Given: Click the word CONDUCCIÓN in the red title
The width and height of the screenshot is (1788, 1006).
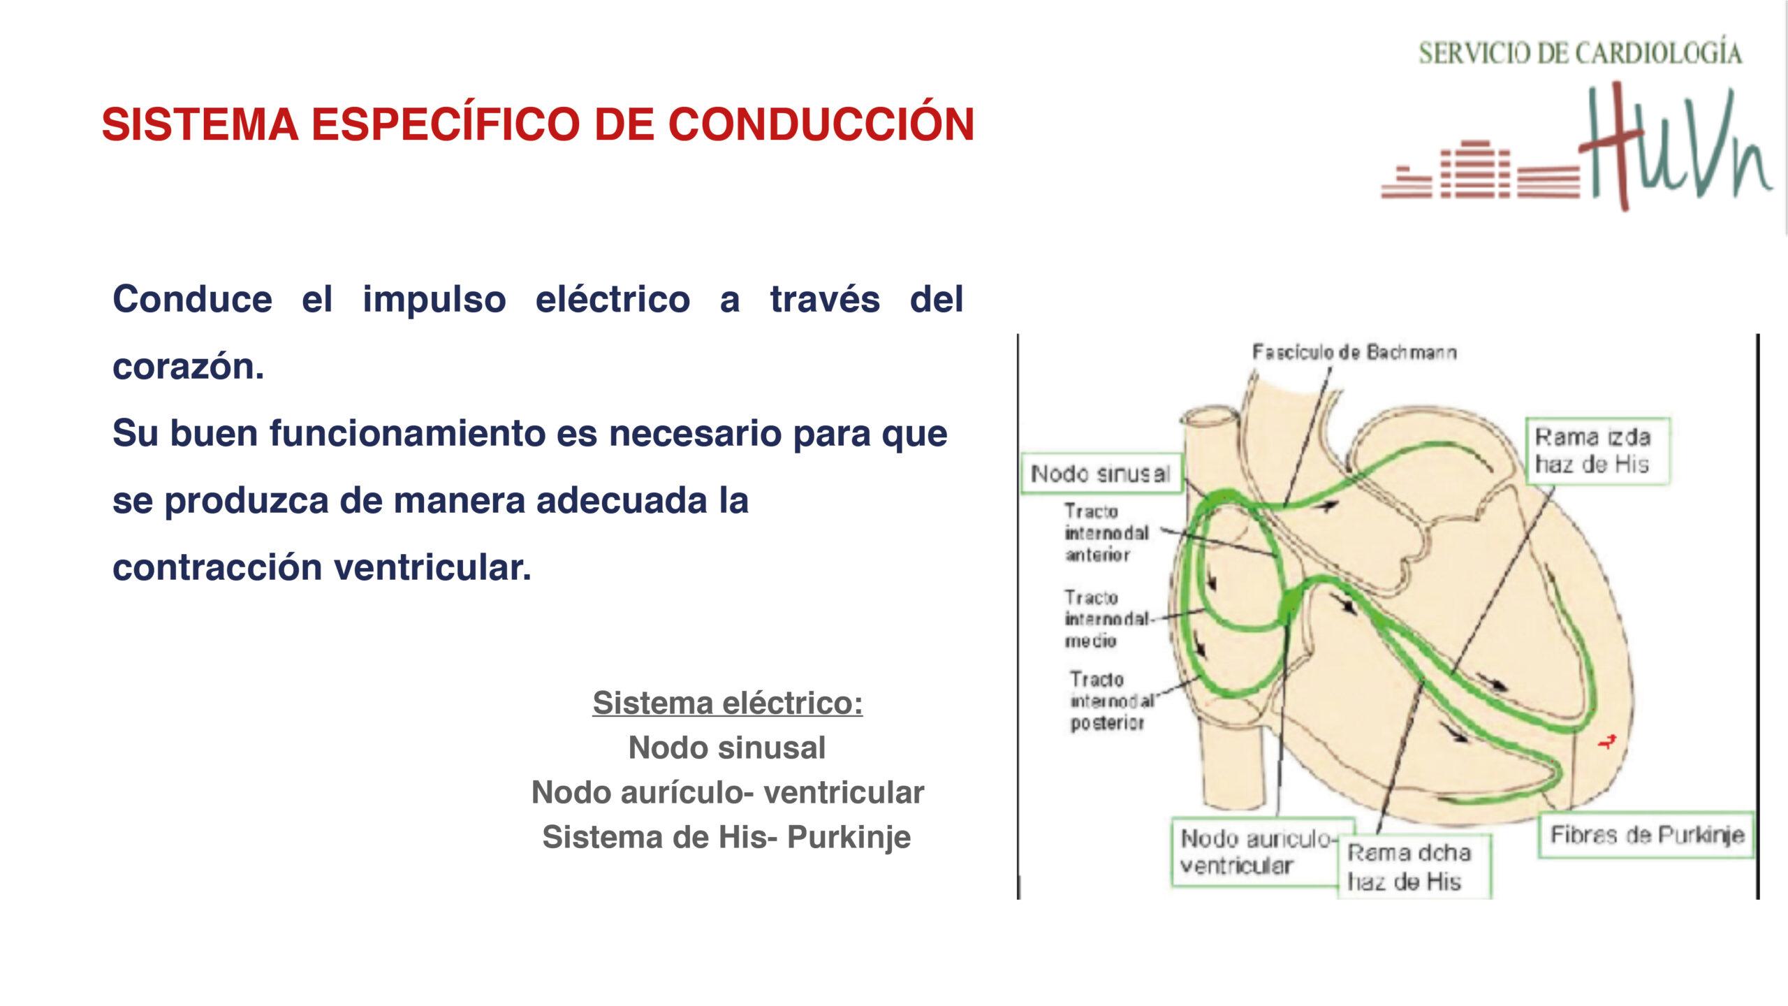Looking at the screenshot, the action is [821, 124].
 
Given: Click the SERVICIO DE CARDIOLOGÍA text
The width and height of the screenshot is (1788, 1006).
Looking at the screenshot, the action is [1580, 52].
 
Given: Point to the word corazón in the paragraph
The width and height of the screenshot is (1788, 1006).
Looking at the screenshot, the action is [189, 366].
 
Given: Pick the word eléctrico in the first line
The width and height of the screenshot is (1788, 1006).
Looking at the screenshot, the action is [613, 299].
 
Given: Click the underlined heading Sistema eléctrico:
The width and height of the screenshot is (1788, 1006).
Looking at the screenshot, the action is [728, 703].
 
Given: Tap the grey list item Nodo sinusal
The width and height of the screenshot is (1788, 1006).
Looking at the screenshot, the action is [727, 748].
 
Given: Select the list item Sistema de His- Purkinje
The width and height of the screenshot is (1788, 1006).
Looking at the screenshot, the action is [727, 837].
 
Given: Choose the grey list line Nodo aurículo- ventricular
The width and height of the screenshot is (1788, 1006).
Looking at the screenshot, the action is [728, 792].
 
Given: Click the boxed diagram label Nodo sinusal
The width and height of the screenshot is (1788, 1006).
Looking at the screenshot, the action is [1101, 474].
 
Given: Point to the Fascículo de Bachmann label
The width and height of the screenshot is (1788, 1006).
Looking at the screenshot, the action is [1354, 352].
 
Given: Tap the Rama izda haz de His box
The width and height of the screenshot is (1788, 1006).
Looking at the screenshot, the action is [1598, 451].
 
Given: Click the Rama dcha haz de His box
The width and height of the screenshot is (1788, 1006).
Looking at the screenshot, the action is [1414, 867].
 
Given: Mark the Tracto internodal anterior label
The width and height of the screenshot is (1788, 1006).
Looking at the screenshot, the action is [1106, 533].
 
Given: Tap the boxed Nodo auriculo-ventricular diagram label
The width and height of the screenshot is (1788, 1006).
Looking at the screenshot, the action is [1262, 853].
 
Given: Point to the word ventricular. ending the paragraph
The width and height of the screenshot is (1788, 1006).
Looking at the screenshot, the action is [432, 567].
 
